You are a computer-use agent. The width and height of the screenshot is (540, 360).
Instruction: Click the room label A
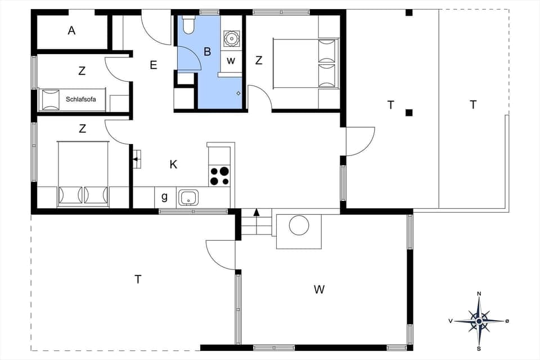coord(71,31)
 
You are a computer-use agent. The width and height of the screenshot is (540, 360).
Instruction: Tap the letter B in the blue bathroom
coord(207,52)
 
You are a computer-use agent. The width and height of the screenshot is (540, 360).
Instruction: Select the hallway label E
coord(153,65)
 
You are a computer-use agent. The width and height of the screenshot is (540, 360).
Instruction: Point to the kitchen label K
coord(173,164)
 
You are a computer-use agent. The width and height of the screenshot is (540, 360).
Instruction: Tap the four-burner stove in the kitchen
coord(219,176)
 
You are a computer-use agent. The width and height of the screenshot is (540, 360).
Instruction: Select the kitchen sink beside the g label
coord(188,197)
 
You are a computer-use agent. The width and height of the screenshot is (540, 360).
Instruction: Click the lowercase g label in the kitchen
coord(164,197)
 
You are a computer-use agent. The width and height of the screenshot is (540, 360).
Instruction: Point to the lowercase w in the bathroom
coord(231,60)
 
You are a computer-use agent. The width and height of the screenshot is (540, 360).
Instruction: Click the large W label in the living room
coord(319,290)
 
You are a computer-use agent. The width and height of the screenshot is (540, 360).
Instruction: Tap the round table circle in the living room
coord(299,226)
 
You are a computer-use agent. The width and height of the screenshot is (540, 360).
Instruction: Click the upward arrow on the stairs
coord(256,212)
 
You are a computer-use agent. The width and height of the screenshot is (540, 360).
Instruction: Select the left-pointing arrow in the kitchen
coord(136,160)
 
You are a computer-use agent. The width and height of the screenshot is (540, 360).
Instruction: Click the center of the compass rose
coord(479,321)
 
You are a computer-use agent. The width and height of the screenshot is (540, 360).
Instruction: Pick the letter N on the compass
coord(479,294)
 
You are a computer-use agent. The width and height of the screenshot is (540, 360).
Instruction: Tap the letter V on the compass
coord(451,321)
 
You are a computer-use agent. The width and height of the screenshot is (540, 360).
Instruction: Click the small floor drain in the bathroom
coord(238,93)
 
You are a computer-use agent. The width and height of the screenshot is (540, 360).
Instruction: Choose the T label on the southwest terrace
coord(138,279)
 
